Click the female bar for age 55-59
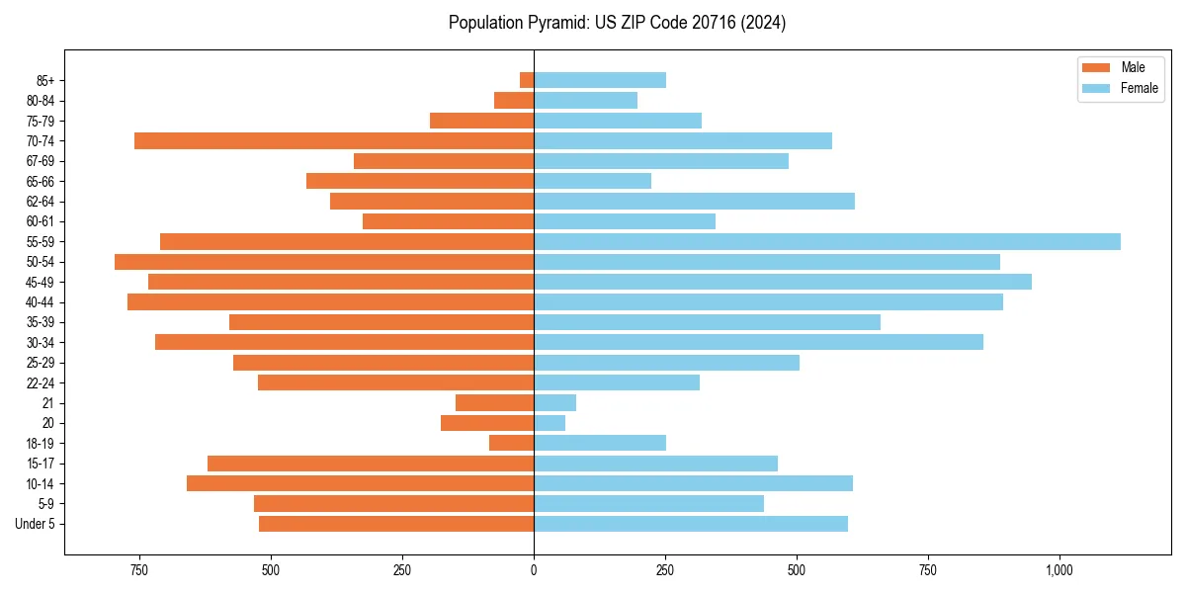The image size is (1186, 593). [826, 241]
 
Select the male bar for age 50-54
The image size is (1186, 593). [324, 262]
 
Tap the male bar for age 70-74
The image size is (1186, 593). [334, 140]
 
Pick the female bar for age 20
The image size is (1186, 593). [550, 423]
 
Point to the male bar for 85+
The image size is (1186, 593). [527, 80]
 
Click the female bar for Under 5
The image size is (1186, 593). [691, 524]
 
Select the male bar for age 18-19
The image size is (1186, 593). [511, 443]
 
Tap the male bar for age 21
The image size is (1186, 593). [494, 403]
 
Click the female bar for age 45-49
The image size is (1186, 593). [782, 282]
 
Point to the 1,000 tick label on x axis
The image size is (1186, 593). [1059, 570]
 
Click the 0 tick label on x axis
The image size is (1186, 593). [534, 570]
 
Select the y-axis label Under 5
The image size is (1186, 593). [35, 524]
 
